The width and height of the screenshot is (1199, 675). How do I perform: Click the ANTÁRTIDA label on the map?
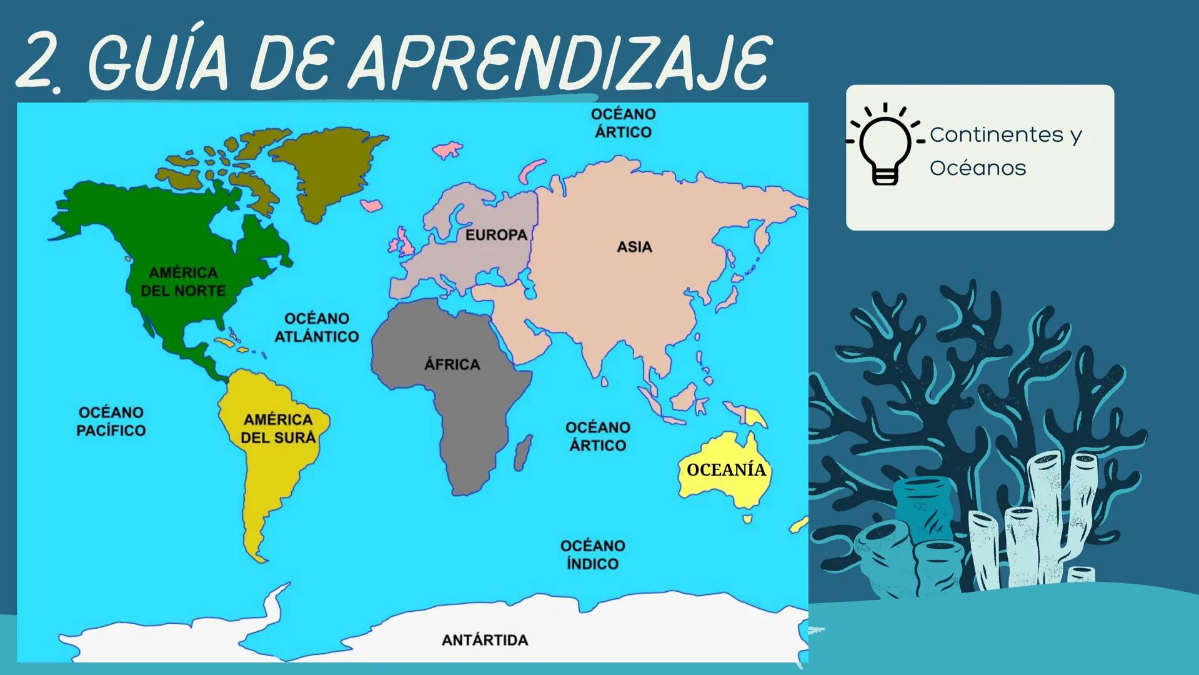pos(485,640)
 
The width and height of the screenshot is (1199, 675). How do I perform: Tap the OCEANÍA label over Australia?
pos(725,470)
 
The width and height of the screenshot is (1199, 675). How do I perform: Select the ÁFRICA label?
pos(452,364)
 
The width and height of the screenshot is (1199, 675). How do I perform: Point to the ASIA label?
pos(634,247)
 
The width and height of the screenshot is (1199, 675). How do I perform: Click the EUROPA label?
pos(496,235)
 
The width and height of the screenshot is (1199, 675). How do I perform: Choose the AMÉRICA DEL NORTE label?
pos(183,282)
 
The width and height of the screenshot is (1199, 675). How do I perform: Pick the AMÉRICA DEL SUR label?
pos(278,429)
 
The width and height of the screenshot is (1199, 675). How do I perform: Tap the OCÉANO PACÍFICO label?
pos(111,421)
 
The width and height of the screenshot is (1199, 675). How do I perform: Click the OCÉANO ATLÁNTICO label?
pos(317,327)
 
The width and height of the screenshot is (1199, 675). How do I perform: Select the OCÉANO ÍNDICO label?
pos(592,555)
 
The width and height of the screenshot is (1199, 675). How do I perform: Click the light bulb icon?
pos(885,144)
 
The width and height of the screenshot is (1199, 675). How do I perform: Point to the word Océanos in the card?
pos(978,168)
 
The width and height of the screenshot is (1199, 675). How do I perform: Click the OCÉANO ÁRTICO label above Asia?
pos(623,123)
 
